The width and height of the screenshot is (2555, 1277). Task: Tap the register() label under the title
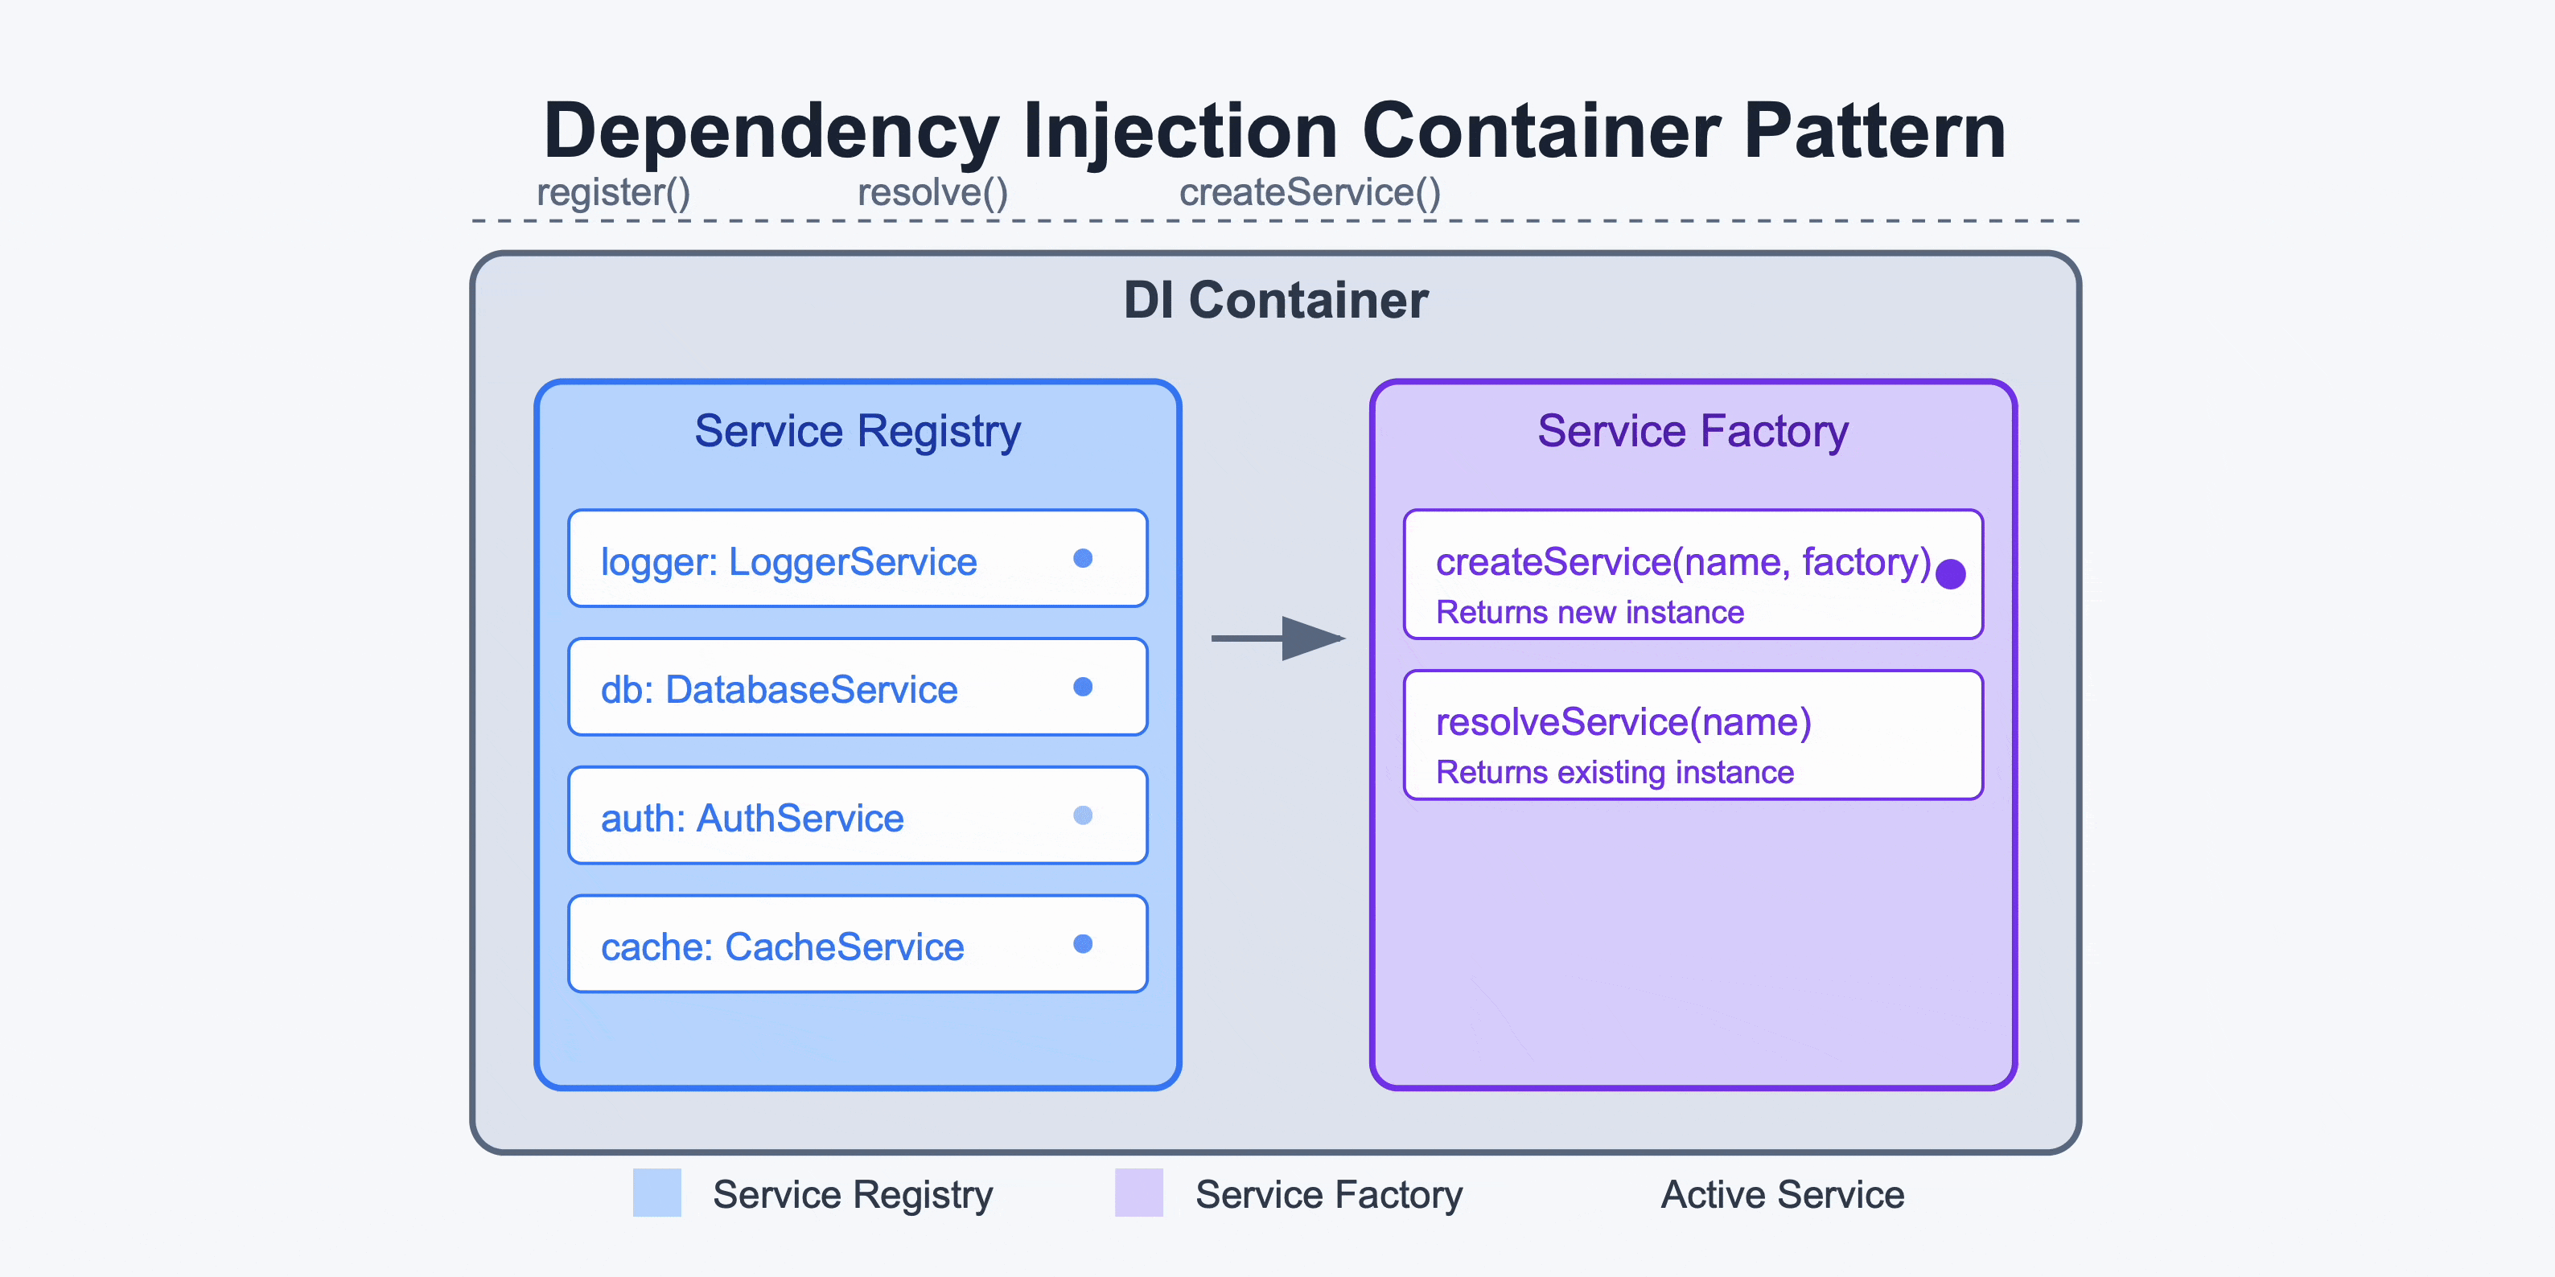pyautogui.click(x=613, y=192)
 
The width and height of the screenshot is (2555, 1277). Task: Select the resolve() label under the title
pyautogui.click(x=932, y=192)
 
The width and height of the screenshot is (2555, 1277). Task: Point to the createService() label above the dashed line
pyautogui.click(x=1309, y=192)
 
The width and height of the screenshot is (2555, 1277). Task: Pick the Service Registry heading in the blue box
pyautogui.click(x=857, y=431)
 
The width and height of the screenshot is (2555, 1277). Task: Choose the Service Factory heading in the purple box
pyautogui.click(x=1693, y=431)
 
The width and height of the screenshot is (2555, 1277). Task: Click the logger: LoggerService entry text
pyautogui.click(x=788, y=562)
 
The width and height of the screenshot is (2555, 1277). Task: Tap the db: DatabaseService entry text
pyautogui.click(x=779, y=690)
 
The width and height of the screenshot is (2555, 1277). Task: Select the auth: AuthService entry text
pyautogui.click(x=752, y=819)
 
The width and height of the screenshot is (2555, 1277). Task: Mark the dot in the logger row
pyautogui.click(x=1083, y=558)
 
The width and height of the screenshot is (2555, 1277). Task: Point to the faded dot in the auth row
pyautogui.click(x=1083, y=815)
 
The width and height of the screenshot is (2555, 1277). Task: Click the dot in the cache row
pyautogui.click(x=1083, y=944)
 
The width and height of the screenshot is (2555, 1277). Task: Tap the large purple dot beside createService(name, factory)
pyautogui.click(x=1951, y=574)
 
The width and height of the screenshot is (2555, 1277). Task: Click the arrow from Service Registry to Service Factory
pyautogui.click(x=1277, y=638)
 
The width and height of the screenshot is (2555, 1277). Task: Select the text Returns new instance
pyautogui.click(x=1590, y=613)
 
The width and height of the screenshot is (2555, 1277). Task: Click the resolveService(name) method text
pyautogui.click(x=1623, y=723)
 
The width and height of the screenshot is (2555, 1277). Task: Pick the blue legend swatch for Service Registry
pyautogui.click(x=656, y=1193)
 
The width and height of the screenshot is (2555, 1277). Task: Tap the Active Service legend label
pyautogui.click(x=1783, y=1195)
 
